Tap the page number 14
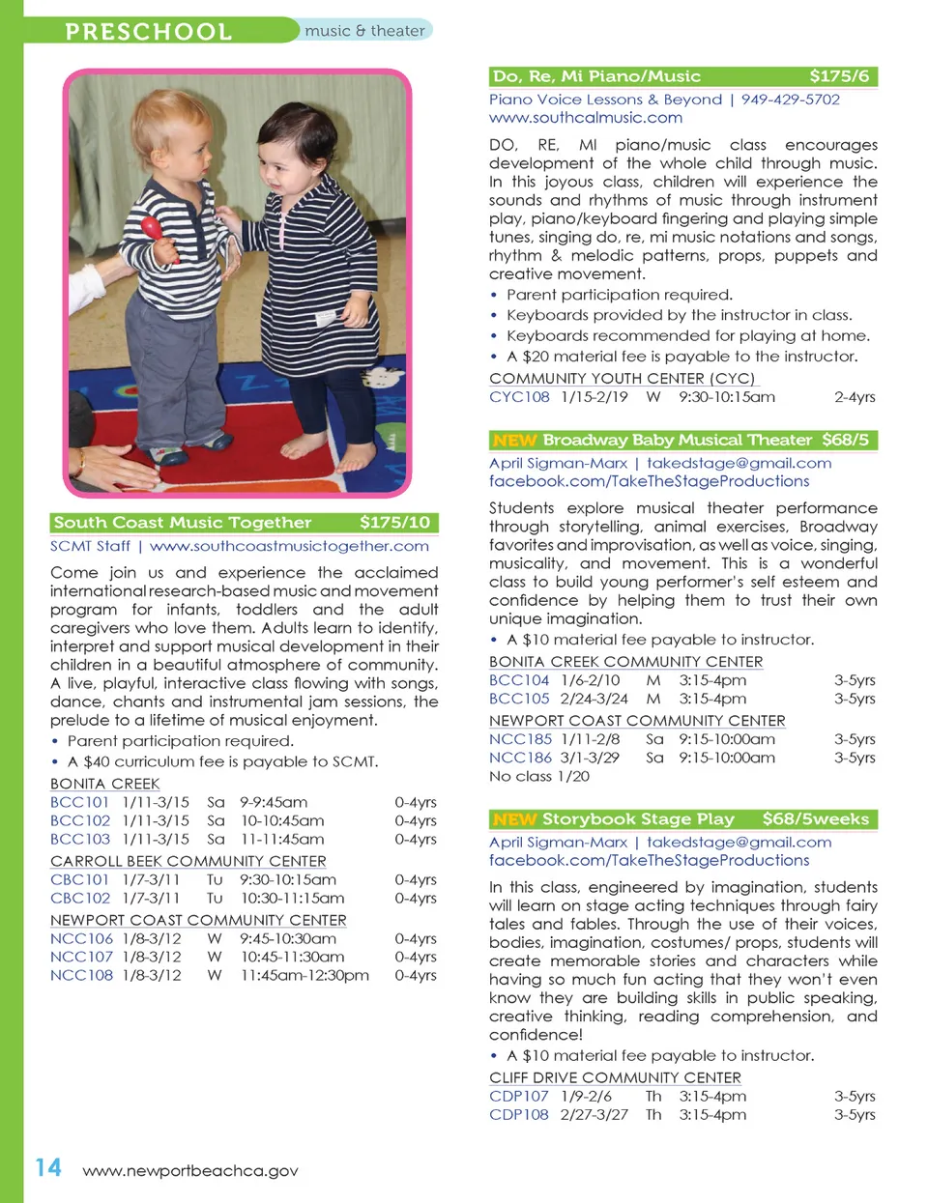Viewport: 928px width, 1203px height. (48, 1167)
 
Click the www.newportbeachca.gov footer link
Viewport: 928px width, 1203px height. (190, 1170)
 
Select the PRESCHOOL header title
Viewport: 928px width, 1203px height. (148, 31)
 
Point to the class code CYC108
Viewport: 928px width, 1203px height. (519, 396)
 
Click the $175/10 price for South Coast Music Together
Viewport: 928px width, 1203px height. (394, 523)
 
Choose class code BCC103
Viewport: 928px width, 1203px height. (80, 839)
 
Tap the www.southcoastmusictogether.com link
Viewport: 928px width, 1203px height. (289, 546)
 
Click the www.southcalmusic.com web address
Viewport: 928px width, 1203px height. (585, 118)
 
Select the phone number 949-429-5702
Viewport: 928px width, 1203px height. (790, 100)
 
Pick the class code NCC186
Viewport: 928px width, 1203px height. (520, 758)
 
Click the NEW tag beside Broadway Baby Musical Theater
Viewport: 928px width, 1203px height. (513, 441)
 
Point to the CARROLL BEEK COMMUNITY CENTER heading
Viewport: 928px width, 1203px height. (188, 861)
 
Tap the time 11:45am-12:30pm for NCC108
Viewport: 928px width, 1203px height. (304, 975)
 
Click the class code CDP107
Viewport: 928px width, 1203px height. (518, 1096)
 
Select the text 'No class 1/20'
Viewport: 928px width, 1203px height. (538, 776)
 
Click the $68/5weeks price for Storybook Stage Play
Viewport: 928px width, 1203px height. (815, 819)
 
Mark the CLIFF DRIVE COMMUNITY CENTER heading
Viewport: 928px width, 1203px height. (615, 1077)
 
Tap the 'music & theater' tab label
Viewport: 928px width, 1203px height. (364, 31)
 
